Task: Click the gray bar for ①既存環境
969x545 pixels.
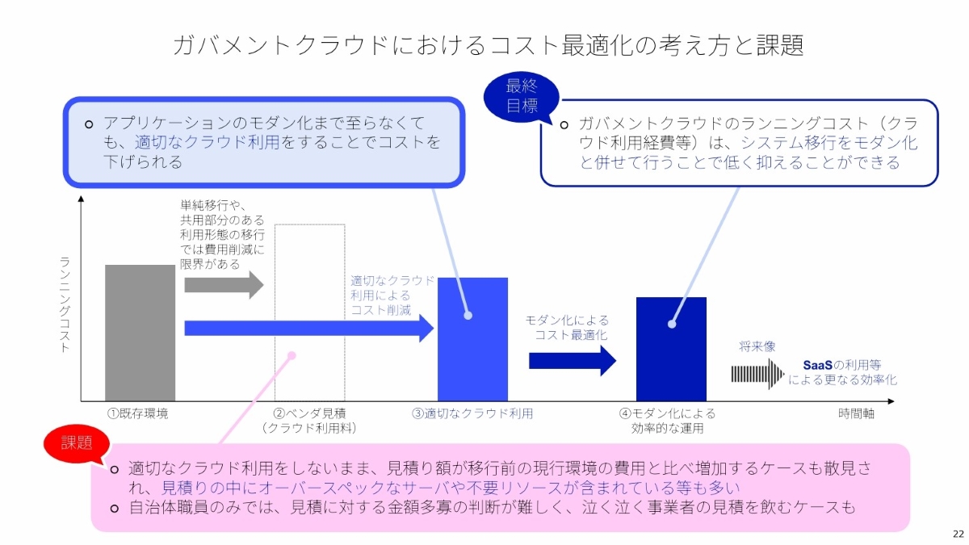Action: [x=140, y=333]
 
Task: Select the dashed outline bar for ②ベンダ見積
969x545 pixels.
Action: [x=309, y=312]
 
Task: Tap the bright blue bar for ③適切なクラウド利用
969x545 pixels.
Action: [x=472, y=339]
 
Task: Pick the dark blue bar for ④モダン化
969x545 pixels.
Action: [x=671, y=349]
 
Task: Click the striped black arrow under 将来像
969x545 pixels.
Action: [x=757, y=374]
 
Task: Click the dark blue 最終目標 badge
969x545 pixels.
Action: [x=522, y=96]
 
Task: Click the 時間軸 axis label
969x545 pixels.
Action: [x=855, y=413]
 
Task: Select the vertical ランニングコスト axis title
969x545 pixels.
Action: [x=66, y=304]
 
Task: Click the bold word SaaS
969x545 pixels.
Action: [x=817, y=365]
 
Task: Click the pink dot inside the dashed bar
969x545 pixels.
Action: [x=292, y=355]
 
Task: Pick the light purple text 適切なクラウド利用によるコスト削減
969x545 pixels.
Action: [x=391, y=296]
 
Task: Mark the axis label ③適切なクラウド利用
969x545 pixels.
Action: [x=472, y=413]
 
